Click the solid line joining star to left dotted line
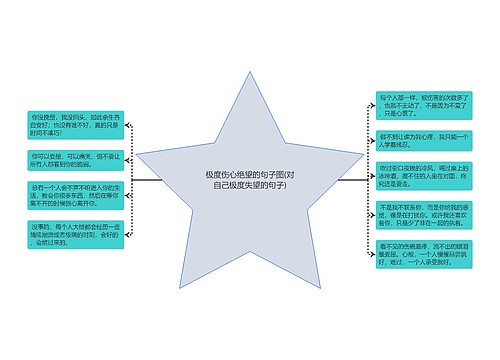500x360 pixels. (x=148, y=180)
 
